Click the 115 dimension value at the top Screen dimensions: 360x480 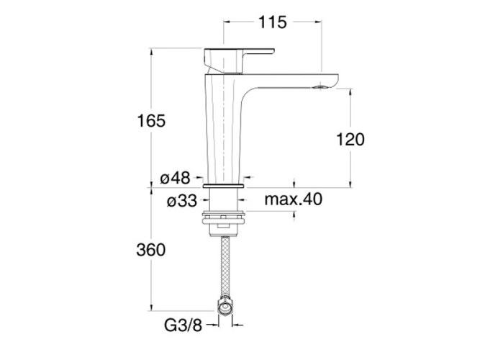(272, 22)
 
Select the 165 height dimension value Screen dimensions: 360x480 (152, 120)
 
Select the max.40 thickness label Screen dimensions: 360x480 (292, 199)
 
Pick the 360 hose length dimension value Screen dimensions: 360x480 (152, 250)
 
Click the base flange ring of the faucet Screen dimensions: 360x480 (226, 185)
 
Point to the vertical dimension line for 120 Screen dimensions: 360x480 (350, 108)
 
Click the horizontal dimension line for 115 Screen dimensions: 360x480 (245, 22)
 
